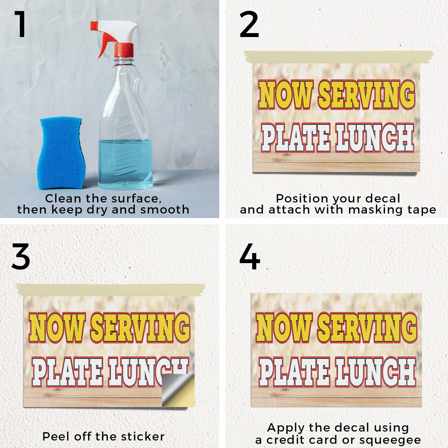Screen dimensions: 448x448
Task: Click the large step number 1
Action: point(21,24)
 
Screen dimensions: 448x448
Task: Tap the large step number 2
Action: point(249,24)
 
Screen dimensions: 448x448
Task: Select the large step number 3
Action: point(21,256)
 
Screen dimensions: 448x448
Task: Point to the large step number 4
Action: point(250,256)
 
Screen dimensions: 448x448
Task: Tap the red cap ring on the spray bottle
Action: point(124,50)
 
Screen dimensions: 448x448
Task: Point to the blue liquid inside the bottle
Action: point(125,164)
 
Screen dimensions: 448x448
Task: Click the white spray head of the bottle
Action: point(115,30)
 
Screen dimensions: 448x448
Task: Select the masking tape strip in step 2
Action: point(339,57)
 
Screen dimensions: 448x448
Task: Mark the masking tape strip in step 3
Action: point(111,290)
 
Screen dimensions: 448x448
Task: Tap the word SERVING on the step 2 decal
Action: point(367,95)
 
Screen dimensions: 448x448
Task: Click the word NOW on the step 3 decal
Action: point(57,327)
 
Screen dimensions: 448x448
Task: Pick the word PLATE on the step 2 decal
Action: point(296,138)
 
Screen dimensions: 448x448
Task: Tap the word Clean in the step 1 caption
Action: point(63,199)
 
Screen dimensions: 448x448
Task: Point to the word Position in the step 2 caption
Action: point(302,199)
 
